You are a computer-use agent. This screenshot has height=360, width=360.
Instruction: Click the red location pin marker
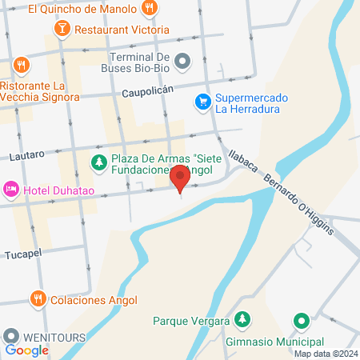180,179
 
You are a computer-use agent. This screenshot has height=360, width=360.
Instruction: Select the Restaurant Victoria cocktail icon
62,29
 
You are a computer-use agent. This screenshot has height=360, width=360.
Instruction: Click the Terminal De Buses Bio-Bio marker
182,61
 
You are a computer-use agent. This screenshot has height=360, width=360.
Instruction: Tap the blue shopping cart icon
203,102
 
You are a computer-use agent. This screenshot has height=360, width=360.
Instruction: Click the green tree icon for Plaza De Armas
98,164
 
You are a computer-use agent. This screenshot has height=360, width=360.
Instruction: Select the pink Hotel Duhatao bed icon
11,190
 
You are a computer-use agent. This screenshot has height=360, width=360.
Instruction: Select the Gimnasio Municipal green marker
301,321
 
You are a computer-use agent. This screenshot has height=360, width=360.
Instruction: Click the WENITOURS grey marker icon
11,337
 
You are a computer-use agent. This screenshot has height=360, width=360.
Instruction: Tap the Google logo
27,350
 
